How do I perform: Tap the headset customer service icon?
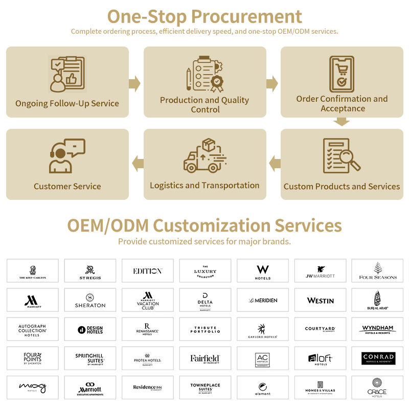point(67,155)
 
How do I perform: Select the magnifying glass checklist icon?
point(342,156)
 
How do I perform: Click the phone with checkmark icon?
point(342,75)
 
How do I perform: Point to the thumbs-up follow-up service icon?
point(67,75)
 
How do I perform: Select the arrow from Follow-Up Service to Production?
point(135,83)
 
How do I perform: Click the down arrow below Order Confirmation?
point(342,122)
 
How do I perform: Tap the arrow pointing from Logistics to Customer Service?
point(137,164)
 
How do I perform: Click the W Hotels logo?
point(263,271)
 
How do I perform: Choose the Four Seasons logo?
point(378,271)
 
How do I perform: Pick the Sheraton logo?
point(90,300)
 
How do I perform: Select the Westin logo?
point(321,300)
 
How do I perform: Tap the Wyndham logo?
point(378,329)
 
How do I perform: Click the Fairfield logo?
point(205,358)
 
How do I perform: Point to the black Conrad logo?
point(378,358)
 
